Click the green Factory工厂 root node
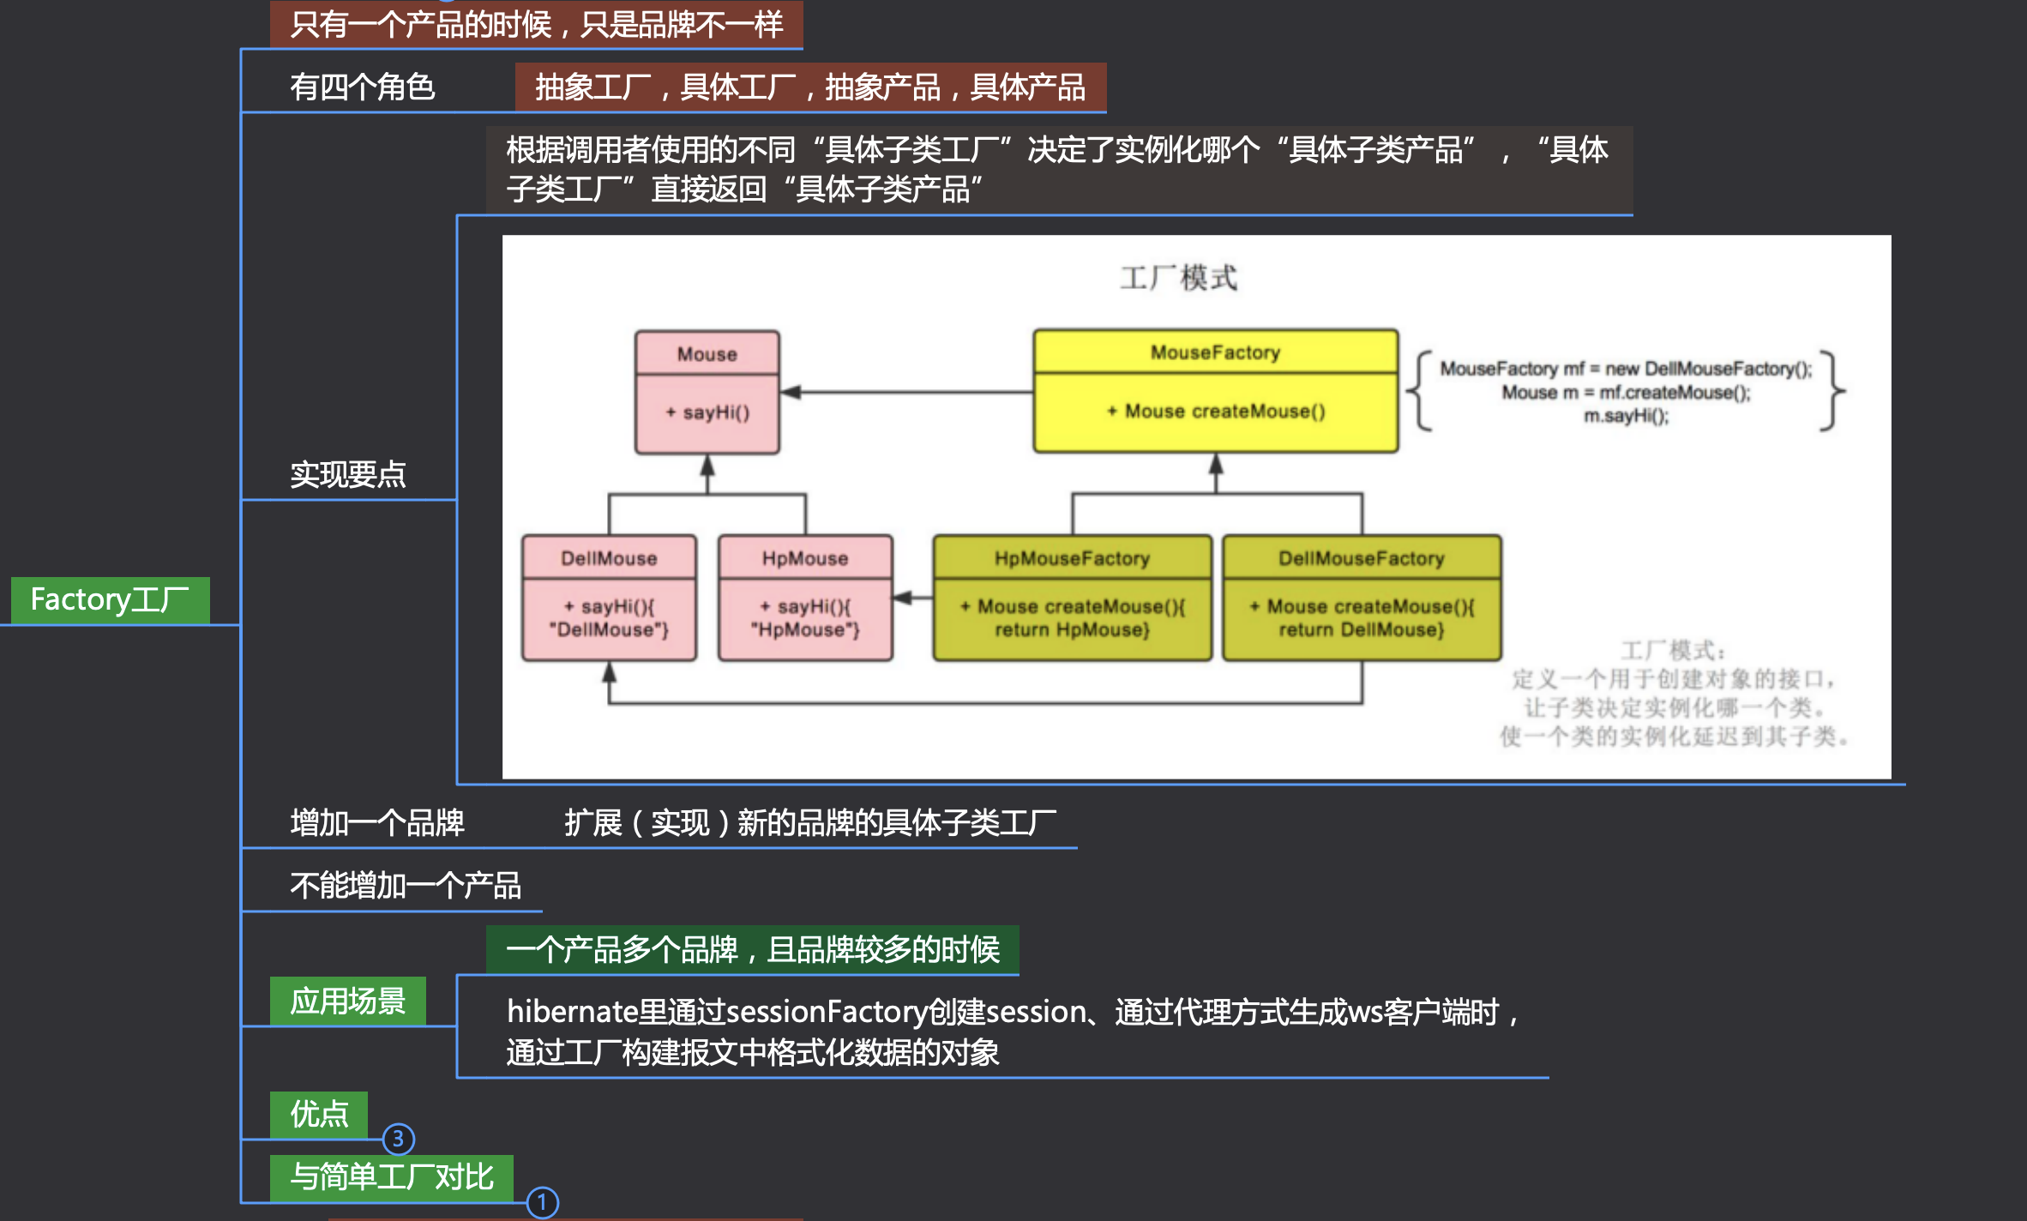110,599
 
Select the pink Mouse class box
707,391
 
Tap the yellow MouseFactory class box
1215,390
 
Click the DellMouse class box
609,598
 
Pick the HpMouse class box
805,598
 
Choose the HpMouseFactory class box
1072,598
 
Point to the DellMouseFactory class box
1362,598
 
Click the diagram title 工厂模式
1179,278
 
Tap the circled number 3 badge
398,1139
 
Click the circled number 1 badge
542,1202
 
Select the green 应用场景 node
347,1001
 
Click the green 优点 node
319,1115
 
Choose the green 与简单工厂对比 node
392,1177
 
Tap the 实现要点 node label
347,474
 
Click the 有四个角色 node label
362,87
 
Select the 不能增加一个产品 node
406,885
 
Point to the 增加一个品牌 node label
377,822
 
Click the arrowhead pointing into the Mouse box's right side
791,392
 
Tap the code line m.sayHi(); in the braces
1626,416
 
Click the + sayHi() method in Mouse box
707,412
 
